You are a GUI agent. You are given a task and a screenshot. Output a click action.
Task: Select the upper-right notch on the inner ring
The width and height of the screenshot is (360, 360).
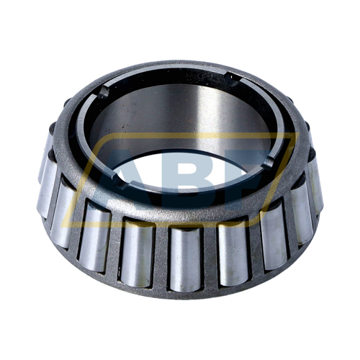coord(232,78)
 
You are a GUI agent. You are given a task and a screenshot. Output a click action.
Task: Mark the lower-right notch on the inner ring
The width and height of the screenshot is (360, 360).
coord(266,160)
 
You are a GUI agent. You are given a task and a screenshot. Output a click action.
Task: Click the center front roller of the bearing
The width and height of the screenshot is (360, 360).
coord(185,259)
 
